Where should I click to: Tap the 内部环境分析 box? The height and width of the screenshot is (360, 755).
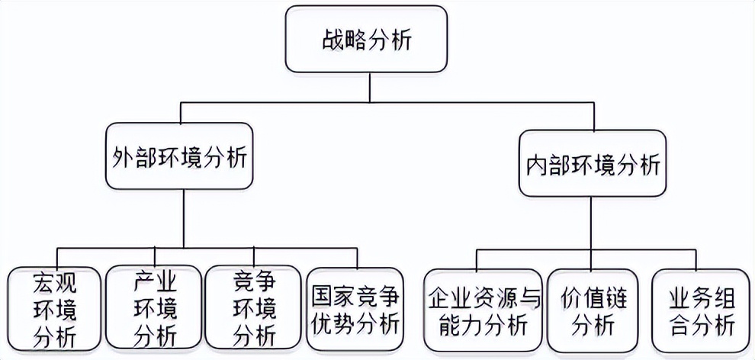[592, 165]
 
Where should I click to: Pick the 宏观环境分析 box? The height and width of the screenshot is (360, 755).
[55, 309]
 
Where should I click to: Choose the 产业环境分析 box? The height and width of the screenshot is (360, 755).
[156, 309]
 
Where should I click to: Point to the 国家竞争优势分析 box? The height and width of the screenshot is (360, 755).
[356, 310]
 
